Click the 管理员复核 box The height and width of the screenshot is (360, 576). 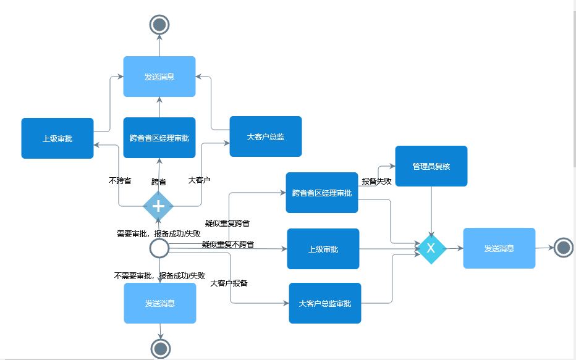431,166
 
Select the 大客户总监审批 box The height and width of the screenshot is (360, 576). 325,303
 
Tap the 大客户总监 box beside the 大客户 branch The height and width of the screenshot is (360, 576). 265,136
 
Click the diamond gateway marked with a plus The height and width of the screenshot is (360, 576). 158,206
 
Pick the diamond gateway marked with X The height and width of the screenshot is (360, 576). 431,248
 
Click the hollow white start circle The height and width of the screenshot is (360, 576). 159,248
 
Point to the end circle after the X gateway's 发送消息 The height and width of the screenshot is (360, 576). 563,248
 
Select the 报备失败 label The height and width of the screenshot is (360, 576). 376,181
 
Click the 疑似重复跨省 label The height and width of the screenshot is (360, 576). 227,223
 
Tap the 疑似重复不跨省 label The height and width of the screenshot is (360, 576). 227,245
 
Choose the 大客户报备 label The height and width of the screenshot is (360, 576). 229,283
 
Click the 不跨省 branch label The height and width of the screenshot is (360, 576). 120,181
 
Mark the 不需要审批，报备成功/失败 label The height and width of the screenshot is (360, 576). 159,275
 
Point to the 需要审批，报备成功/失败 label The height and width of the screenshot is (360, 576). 159,233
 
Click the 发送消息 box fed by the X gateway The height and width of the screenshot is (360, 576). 499,248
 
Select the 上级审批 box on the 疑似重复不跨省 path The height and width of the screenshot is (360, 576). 323,249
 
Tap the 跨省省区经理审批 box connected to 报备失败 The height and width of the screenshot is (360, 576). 321,193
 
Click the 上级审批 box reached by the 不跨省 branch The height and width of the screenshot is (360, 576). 57,138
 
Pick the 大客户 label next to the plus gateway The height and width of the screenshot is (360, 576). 199,180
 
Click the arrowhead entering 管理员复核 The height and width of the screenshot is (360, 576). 392,166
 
